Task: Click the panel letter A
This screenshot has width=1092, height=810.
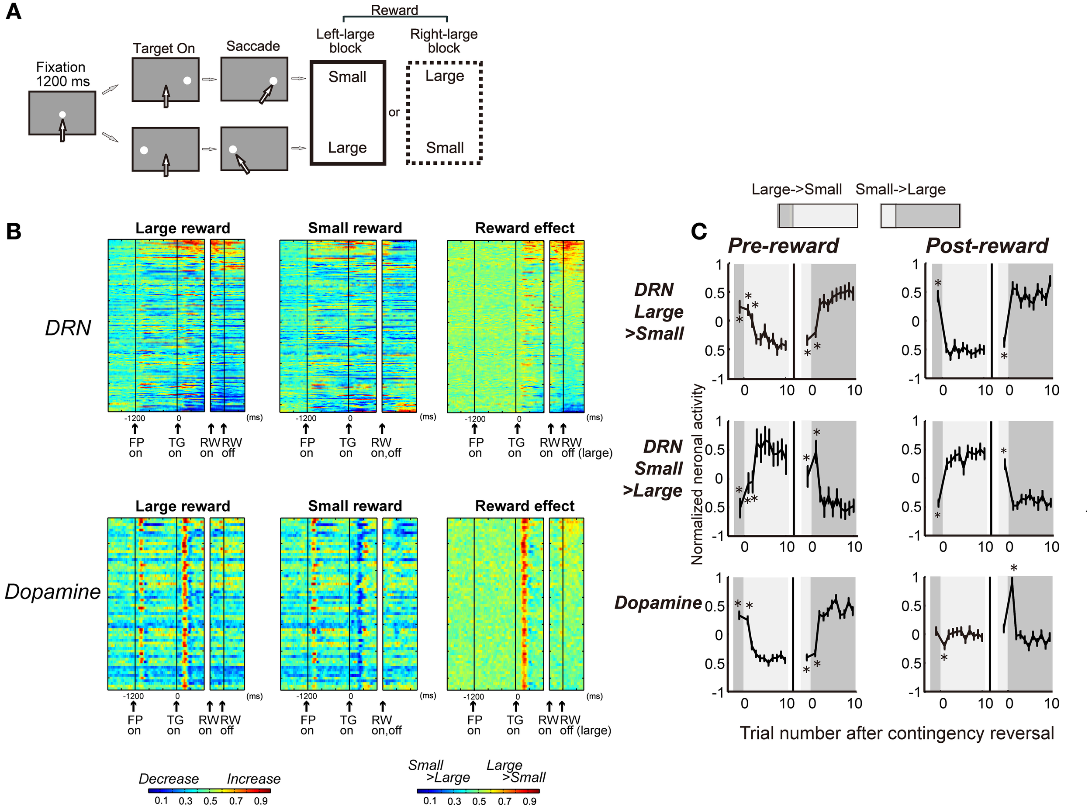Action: pyautogui.click(x=14, y=11)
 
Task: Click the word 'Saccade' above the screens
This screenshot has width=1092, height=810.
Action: pyautogui.click(x=253, y=46)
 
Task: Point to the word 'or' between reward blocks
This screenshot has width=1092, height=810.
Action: pyautogui.click(x=394, y=112)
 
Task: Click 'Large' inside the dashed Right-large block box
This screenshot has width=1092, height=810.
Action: pyautogui.click(x=445, y=76)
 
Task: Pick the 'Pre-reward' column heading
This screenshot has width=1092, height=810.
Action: pyautogui.click(x=783, y=246)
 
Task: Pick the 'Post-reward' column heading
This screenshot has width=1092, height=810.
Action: pyautogui.click(x=987, y=246)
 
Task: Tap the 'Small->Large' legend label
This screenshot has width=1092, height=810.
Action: pyautogui.click(x=900, y=189)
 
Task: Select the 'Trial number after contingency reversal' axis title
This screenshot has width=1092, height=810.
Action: pyautogui.click(x=896, y=734)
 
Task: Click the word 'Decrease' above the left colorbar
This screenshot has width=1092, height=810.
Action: pyautogui.click(x=169, y=779)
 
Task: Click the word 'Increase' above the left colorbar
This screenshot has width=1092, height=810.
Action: pyautogui.click(x=253, y=779)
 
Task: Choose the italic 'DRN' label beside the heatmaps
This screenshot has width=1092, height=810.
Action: pyautogui.click(x=68, y=328)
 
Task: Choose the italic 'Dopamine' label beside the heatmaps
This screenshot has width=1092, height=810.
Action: pyautogui.click(x=53, y=592)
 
